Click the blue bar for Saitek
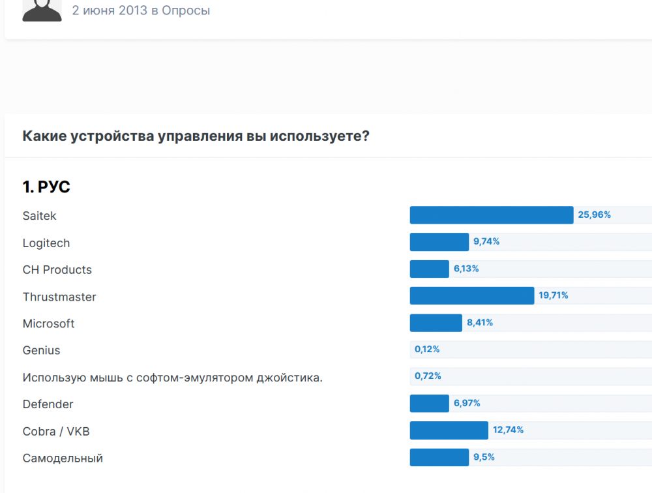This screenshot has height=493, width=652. (x=491, y=215)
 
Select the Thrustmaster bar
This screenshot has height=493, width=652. (x=471, y=296)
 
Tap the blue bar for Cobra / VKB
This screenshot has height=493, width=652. (x=449, y=430)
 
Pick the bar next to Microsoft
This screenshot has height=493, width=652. (x=436, y=323)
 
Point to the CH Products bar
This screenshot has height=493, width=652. (x=429, y=269)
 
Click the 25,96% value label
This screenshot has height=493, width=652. (x=594, y=215)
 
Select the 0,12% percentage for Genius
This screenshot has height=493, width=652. (x=427, y=350)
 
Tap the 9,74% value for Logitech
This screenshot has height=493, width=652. (x=486, y=242)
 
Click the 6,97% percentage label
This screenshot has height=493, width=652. (x=467, y=404)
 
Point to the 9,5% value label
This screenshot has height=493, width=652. (x=484, y=458)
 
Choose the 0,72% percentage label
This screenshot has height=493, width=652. (x=428, y=376)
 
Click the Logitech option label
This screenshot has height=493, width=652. (x=46, y=243)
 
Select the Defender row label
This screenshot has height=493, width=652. (x=48, y=404)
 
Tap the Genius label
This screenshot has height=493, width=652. (x=41, y=351)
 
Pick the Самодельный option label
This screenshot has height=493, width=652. (x=63, y=458)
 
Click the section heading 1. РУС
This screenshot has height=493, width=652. (x=46, y=188)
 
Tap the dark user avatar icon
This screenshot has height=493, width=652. (x=42, y=10)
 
